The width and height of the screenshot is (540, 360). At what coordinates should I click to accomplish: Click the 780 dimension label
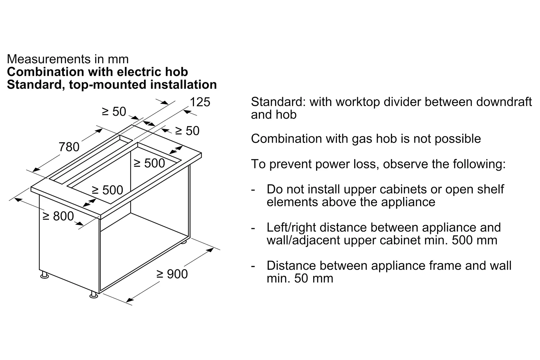point(69,147)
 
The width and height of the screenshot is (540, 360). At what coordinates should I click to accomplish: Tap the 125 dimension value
point(200,102)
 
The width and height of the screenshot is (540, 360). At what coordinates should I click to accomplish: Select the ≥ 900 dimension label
point(172,274)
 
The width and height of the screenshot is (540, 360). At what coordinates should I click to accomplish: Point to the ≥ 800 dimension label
point(58,216)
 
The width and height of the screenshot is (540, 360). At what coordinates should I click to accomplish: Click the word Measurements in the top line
point(49,59)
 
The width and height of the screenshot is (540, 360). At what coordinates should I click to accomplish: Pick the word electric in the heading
point(140,72)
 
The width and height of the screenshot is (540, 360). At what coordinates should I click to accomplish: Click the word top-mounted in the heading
point(108,85)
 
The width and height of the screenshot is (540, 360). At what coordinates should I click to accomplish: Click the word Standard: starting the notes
point(278,102)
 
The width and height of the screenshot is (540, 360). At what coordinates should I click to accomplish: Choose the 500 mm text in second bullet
point(475,240)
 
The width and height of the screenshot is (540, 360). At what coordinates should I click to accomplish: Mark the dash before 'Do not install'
point(253,190)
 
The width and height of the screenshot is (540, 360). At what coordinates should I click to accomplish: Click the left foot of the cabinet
point(45,275)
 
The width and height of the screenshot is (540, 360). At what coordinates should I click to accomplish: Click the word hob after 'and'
point(286,114)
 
